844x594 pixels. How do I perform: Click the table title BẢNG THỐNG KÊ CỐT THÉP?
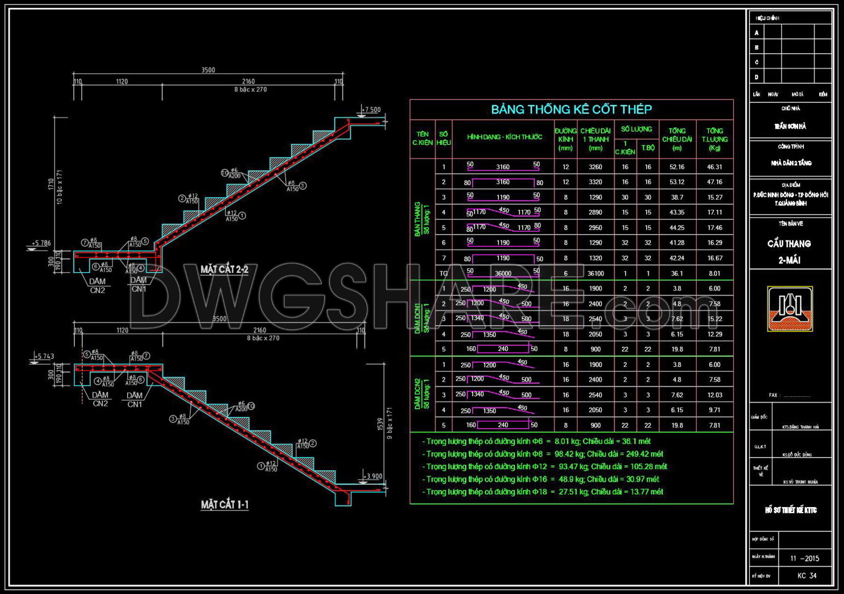point(571,110)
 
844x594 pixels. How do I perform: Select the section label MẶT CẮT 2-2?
point(224,269)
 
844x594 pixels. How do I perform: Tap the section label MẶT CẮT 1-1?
point(225,505)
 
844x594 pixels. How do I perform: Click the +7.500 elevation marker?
point(371,110)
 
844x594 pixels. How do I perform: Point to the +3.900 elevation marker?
point(373,476)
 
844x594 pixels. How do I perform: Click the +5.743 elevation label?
point(44,357)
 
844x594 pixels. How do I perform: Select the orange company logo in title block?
point(790,309)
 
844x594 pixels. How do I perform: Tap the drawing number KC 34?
point(807,576)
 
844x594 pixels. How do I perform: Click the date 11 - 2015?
point(804,558)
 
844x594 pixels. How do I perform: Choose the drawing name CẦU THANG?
point(789,244)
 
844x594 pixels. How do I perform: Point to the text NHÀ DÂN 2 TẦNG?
point(791,163)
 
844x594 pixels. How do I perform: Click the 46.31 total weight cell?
point(714,167)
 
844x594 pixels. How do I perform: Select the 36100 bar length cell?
point(596,274)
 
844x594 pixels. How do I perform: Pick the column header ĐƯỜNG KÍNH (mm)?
point(565,139)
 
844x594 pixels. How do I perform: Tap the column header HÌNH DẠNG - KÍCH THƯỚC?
point(504,137)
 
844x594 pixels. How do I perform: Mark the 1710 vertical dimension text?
point(51,184)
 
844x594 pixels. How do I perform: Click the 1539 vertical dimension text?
point(380,424)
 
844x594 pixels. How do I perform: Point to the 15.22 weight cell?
point(714,319)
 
